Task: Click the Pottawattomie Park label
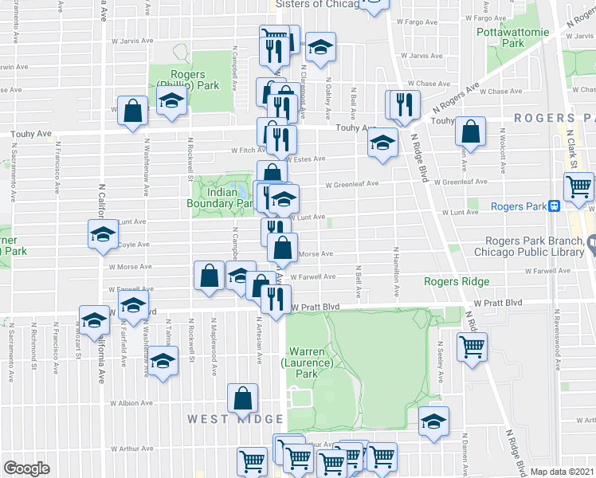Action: (x=512, y=37)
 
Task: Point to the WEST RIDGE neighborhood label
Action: (x=235, y=419)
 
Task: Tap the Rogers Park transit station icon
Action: (x=553, y=206)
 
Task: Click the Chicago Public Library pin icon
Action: (x=591, y=242)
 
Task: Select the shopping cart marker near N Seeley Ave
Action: (x=472, y=345)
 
